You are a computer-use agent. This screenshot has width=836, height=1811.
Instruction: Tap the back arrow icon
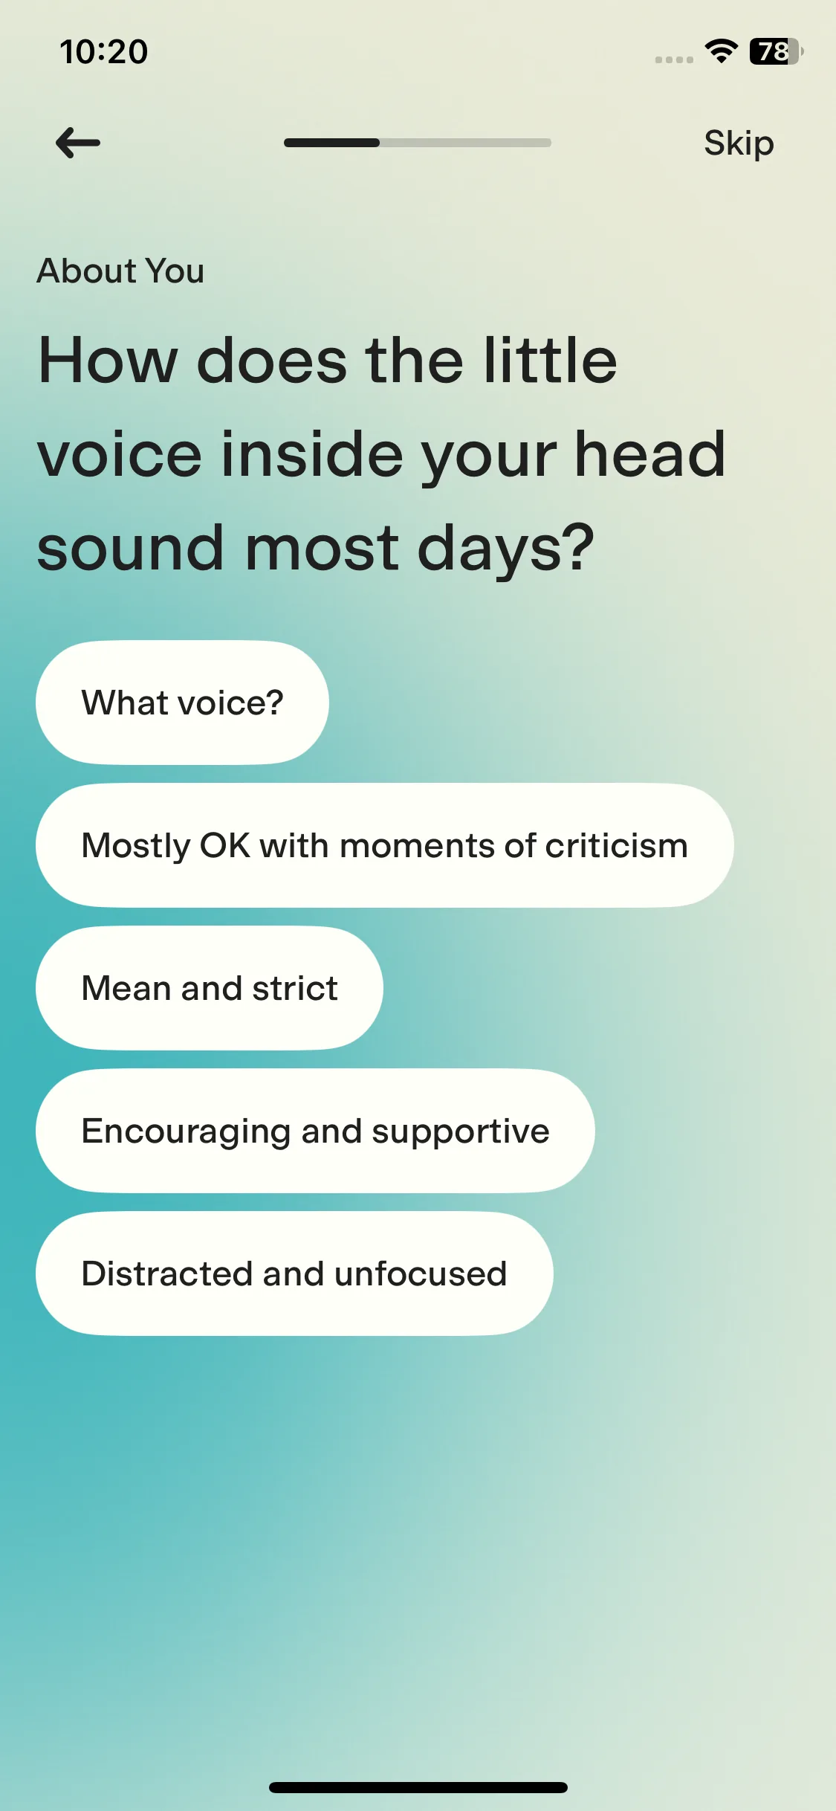tap(78, 143)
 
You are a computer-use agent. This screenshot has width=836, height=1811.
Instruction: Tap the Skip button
tap(739, 143)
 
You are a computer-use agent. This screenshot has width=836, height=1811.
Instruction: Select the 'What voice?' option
tap(182, 703)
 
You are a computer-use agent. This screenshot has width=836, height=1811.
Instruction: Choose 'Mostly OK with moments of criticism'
tap(384, 845)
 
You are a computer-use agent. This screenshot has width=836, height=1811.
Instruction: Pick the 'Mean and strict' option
tap(210, 988)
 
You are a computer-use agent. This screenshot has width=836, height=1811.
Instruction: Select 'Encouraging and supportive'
tap(315, 1131)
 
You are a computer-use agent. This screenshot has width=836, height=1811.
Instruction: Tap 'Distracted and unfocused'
tap(294, 1273)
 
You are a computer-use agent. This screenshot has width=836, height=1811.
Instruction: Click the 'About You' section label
tap(120, 271)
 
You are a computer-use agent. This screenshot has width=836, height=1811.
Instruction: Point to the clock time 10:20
tap(104, 52)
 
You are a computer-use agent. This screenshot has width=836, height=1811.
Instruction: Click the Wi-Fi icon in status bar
tap(721, 51)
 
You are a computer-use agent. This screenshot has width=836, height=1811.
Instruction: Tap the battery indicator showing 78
tap(776, 51)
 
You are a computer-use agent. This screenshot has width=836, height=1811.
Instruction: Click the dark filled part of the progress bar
tap(331, 143)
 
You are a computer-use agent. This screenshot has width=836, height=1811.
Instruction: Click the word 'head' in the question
tap(650, 454)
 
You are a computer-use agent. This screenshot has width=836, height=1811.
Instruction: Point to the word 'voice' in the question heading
tap(119, 454)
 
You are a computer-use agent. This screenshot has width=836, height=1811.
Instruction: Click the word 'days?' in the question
tap(506, 549)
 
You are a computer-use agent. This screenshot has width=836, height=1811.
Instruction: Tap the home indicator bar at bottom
tap(418, 1787)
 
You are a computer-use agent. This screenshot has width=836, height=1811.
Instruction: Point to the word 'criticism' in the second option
tap(616, 846)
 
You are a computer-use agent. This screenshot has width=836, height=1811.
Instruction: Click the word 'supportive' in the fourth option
tap(461, 1132)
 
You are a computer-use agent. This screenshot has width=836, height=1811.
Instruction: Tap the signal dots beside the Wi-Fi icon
tap(674, 59)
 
